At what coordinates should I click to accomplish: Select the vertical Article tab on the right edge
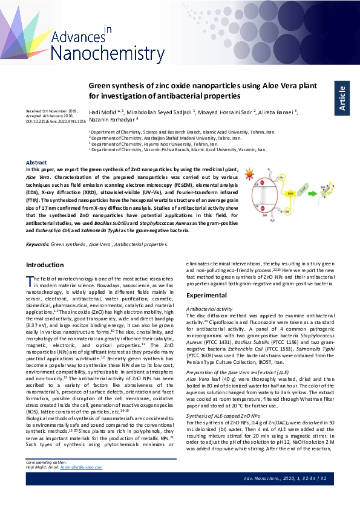[x=342, y=97]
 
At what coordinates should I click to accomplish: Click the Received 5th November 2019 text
[x=51, y=111]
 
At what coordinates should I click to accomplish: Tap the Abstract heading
[x=36, y=162]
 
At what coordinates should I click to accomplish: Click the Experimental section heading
[x=206, y=295]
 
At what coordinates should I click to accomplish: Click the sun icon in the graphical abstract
[x=251, y=173]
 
